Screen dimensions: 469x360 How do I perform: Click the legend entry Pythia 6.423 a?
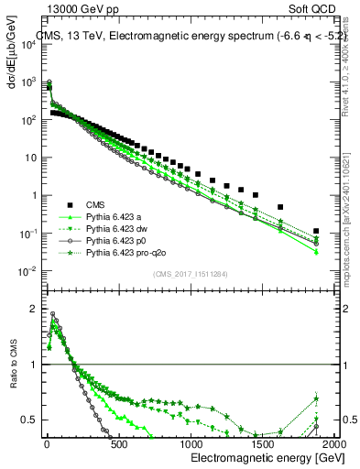point(115,217)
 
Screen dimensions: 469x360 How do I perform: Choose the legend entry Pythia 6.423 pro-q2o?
point(125,252)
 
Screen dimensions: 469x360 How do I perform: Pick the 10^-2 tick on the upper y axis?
point(27,270)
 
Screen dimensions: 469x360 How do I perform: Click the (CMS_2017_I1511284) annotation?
point(190,274)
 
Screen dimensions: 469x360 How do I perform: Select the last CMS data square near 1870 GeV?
point(316,232)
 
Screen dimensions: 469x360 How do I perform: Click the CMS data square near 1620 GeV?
point(280,207)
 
